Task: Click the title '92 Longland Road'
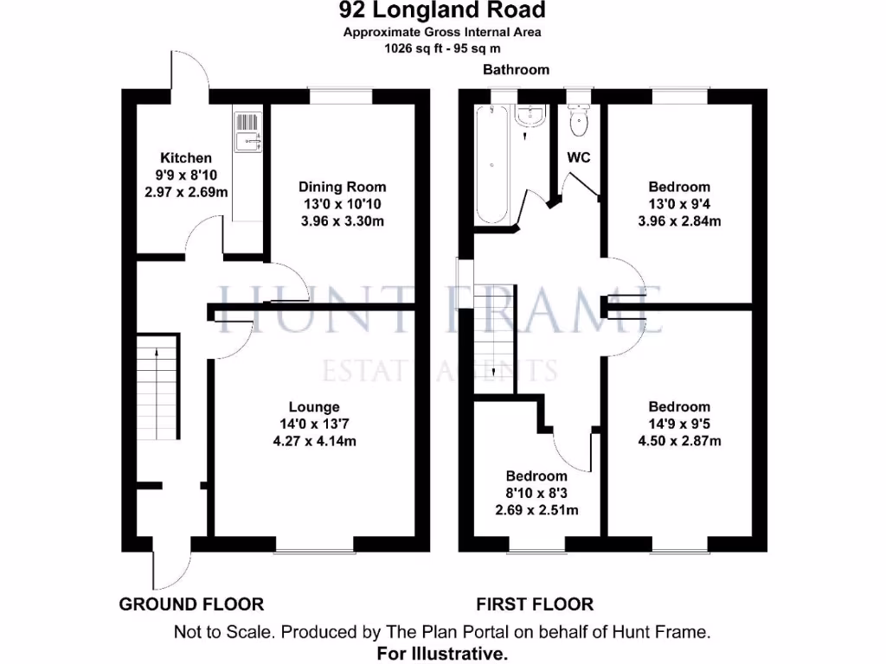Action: [442, 11]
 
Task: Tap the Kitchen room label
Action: [186, 158]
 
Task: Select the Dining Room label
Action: [342, 187]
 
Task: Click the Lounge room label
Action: [314, 406]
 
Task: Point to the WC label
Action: [579, 158]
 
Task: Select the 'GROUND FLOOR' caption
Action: [191, 604]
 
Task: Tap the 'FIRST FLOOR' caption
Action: [535, 604]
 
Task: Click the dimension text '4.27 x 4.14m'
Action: [314, 441]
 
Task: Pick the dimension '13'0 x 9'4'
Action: [679, 204]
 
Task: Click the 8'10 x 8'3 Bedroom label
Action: [536, 476]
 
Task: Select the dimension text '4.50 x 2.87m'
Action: [679, 441]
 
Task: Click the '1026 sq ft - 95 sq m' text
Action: [442, 49]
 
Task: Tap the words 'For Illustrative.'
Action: [442, 654]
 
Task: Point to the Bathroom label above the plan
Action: [516, 70]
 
